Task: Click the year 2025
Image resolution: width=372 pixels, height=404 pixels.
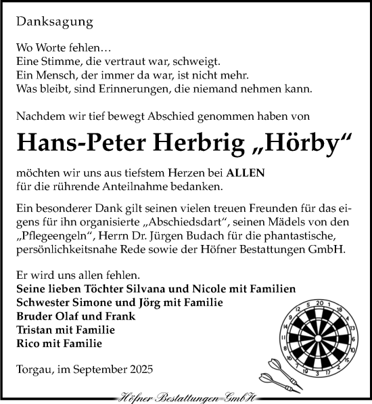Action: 139,369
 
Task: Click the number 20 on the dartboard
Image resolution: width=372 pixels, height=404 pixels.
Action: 320,302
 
